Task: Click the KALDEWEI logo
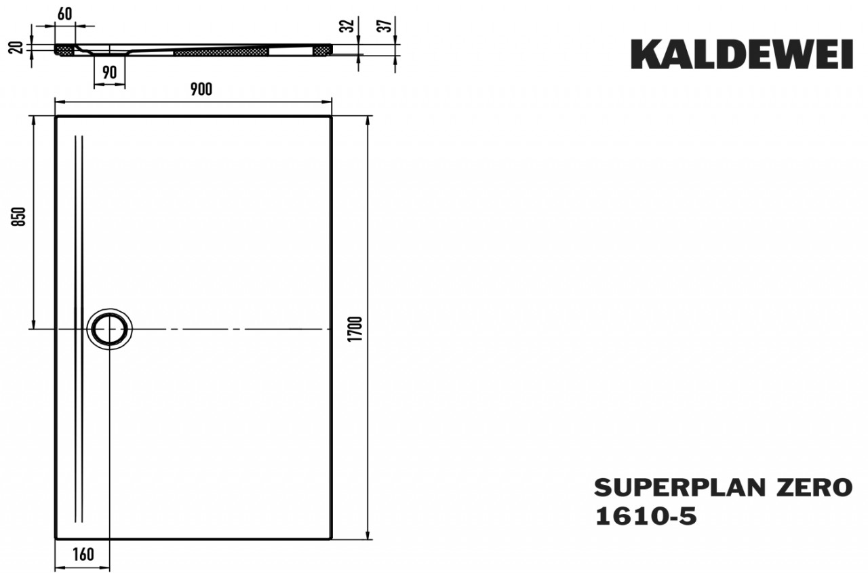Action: point(742,54)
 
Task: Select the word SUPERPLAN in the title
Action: point(679,488)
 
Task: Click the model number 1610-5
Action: point(646,516)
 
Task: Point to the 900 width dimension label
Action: point(201,90)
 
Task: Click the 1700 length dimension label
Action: point(355,329)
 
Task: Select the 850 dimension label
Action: point(18,216)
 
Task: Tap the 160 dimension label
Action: point(83,555)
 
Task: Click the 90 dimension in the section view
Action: point(109,73)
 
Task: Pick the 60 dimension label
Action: point(64,14)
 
